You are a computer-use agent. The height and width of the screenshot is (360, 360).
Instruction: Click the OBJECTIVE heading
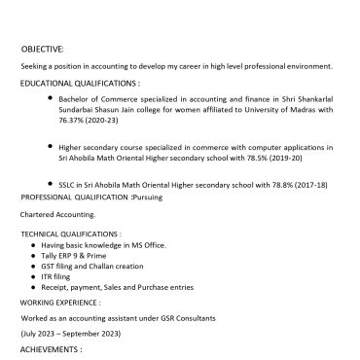(x=42, y=49)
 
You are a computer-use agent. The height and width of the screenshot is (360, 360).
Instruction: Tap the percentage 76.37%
(x=74, y=120)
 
